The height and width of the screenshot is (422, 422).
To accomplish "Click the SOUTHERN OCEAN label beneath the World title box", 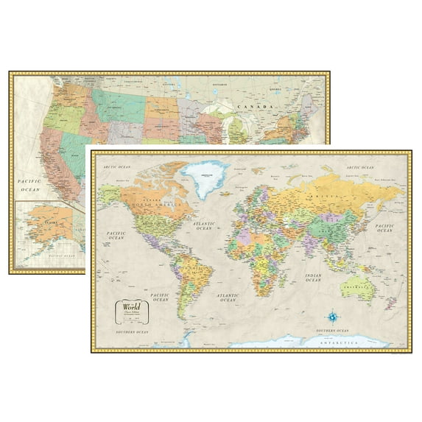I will [x=130, y=333].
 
